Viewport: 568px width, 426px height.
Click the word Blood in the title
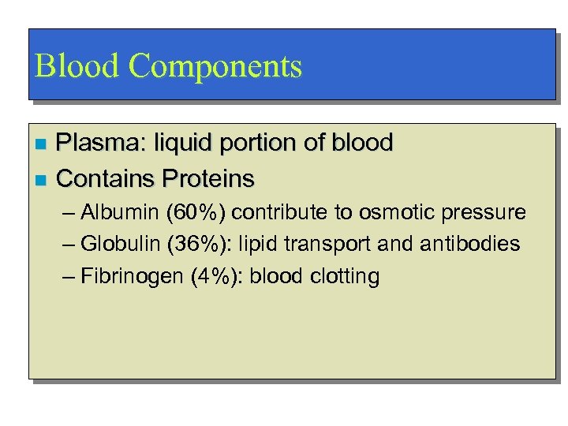77,65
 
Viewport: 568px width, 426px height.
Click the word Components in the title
215,67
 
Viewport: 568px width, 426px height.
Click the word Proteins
207,179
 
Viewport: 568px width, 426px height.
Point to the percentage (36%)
201,244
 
